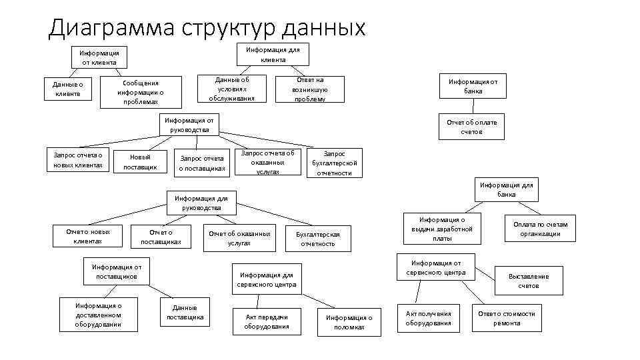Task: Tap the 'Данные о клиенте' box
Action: (x=68, y=89)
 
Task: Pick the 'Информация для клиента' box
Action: (x=273, y=55)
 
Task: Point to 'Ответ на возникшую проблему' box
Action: (x=309, y=89)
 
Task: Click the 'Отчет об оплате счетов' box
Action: (x=471, y=127)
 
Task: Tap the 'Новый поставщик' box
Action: (x=140, y=162)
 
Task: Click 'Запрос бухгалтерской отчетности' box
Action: (x=334, y=163)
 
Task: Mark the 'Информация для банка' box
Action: (x=507, y=189)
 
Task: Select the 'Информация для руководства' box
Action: (x=201, y=203)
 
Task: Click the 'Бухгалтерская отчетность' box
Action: (x=318, y=239)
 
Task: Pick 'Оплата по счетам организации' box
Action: (x=540, y=229)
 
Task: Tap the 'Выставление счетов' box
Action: (x=529, y=281)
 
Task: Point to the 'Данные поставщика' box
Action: (x=185, y=313)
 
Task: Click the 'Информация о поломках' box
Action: (x=349, y=322)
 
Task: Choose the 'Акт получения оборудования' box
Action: (x=429, y=318)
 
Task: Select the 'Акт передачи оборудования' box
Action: (x=267, y=321)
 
